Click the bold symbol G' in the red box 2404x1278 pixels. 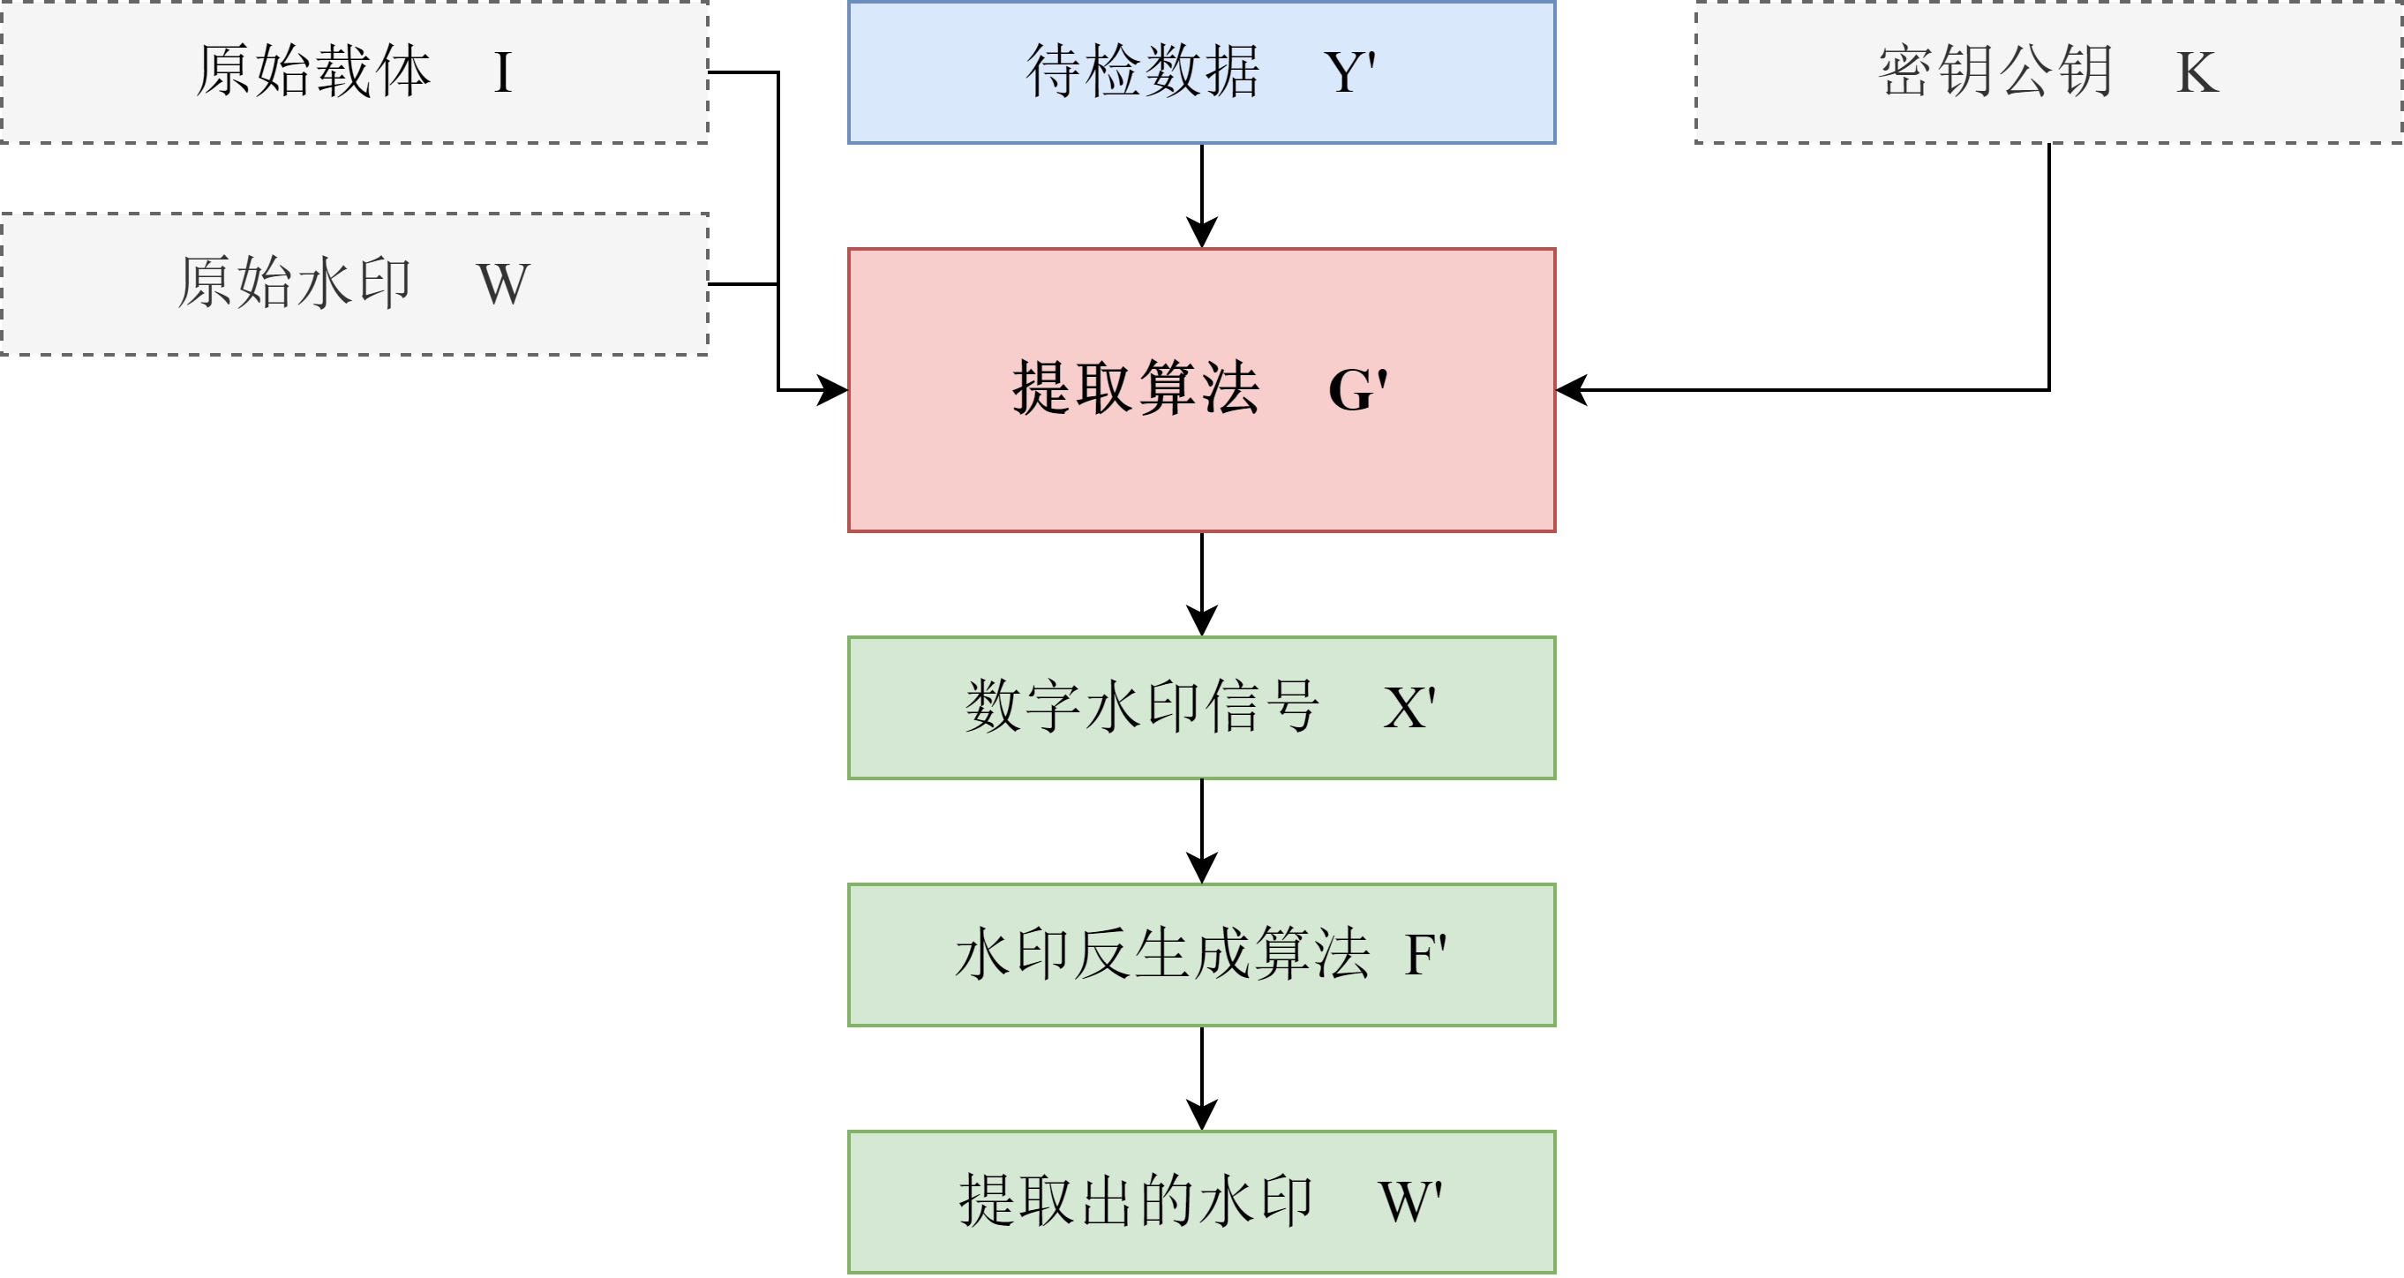point(1358,390)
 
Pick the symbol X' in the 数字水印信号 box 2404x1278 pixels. point(1409,709)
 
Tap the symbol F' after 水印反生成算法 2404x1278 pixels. point(1425,955)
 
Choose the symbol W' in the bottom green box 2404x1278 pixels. point(1410,1202)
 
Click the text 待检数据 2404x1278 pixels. point(1142,71)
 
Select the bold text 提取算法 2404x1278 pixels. point(1136,389)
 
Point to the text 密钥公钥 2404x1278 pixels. point(1995,71)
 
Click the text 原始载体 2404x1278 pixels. point(312,71)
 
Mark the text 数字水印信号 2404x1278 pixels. point(1141,708)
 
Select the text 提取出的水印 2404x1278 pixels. point(1136,1201)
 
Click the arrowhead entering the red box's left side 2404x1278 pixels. point(832,390)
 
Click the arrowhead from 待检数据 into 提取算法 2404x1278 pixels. point(1201,232)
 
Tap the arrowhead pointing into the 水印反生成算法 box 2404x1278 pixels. point(1201,868)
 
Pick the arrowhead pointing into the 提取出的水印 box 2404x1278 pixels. point(1201,1115)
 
